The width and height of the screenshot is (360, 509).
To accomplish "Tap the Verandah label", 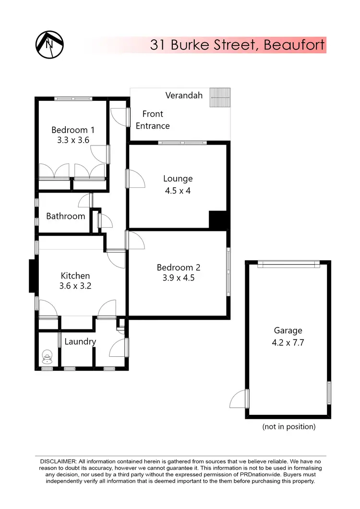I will tap(184, 95).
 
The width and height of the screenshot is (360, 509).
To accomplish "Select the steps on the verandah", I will tap(221, 98).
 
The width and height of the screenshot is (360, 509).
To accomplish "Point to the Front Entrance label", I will tap(153, 120).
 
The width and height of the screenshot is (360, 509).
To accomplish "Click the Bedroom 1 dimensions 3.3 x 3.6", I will tap(73, 140).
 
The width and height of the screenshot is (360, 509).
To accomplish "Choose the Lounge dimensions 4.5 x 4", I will tap(178, 191).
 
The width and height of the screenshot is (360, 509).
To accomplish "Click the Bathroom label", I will tap(66, 216).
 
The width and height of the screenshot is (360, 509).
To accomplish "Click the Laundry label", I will tap(80, 341).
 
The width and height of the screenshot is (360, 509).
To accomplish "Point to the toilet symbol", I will tap(48, 356).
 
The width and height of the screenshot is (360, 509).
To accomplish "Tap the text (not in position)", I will tap(288, 426).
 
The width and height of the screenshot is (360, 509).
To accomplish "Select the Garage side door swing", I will tap(239, 399).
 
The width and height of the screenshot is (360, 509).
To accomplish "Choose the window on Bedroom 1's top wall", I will tap(73, 99).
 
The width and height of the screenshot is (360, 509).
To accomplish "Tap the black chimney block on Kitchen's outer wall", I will tap(33, 276).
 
